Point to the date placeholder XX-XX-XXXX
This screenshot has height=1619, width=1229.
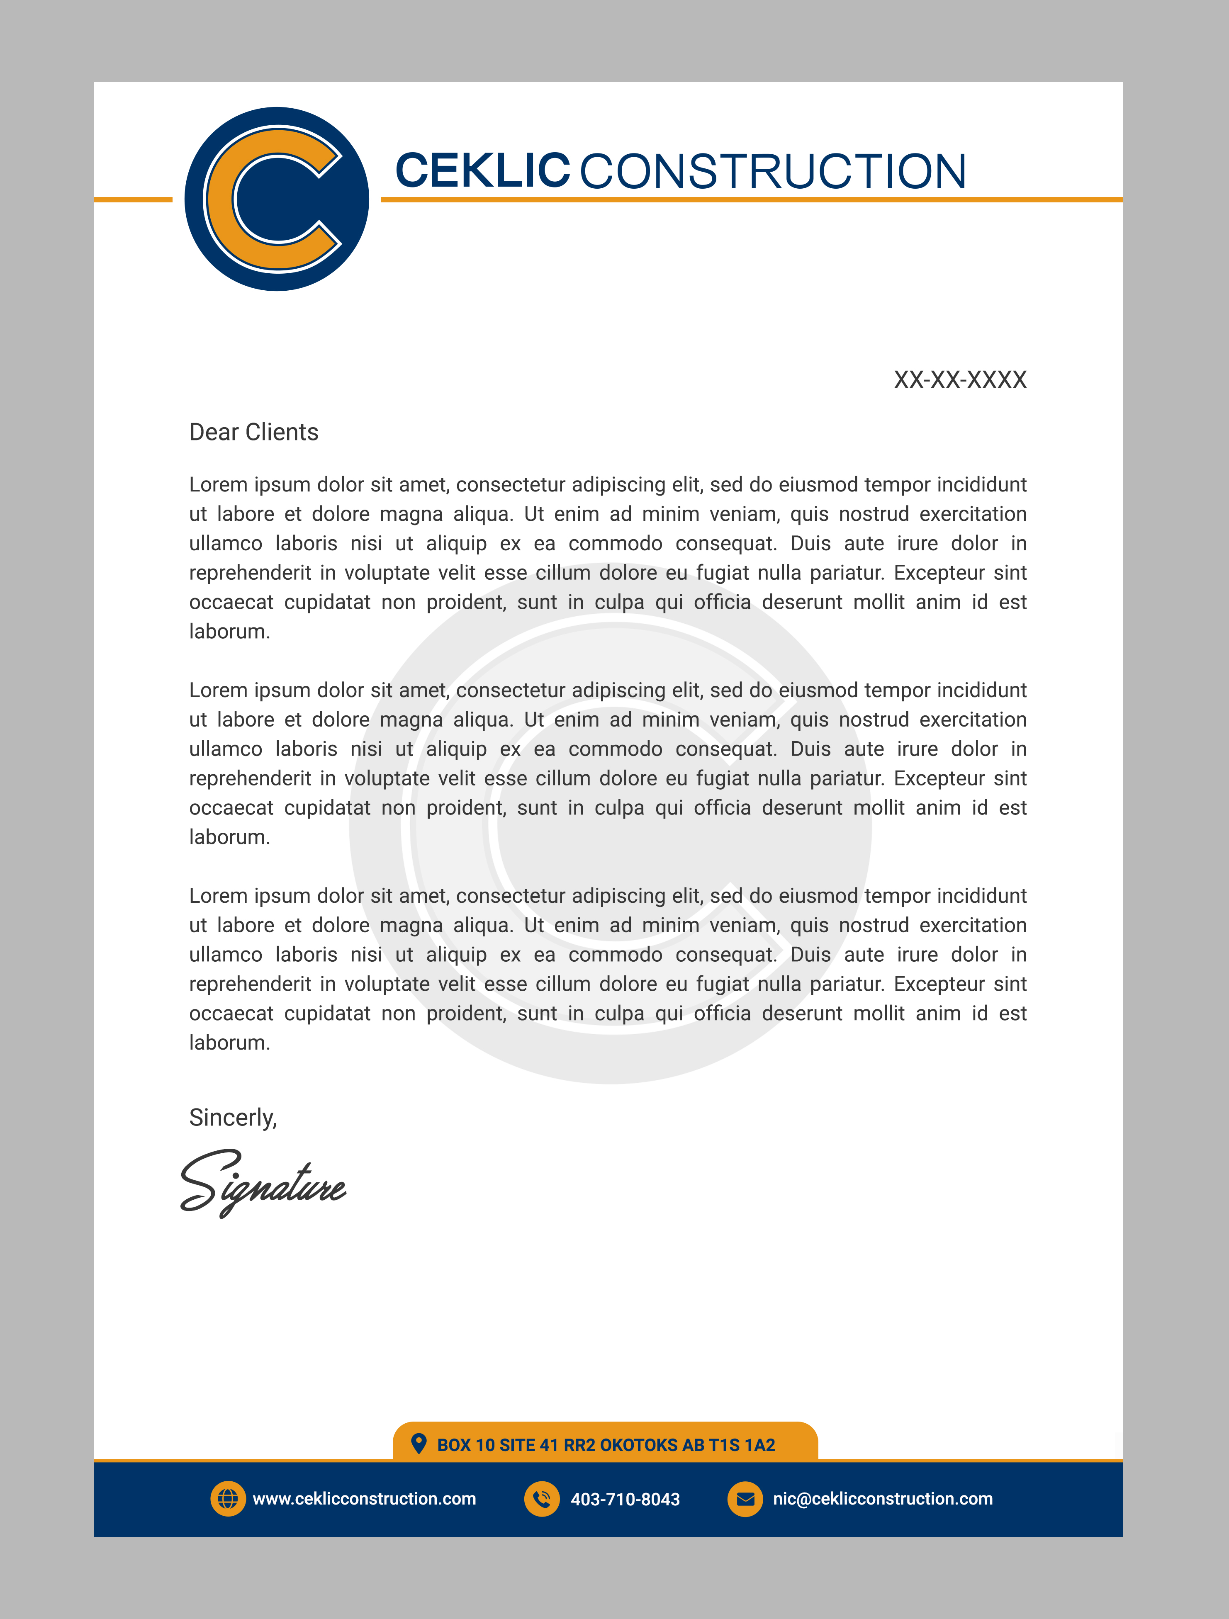coord(960,380)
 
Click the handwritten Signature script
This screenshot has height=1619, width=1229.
coord(263,1184)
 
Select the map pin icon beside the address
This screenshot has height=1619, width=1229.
coord(419,1443)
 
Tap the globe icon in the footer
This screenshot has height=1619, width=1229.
coord(228,1499)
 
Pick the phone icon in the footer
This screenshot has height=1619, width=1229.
coord(542,1499)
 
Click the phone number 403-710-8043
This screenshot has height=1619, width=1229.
coord(625,1500)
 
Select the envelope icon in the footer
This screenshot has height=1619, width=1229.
coord(745,1499)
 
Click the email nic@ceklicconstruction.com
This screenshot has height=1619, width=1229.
coord(883,1499)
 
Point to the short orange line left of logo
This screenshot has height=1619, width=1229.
coord(133,199)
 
